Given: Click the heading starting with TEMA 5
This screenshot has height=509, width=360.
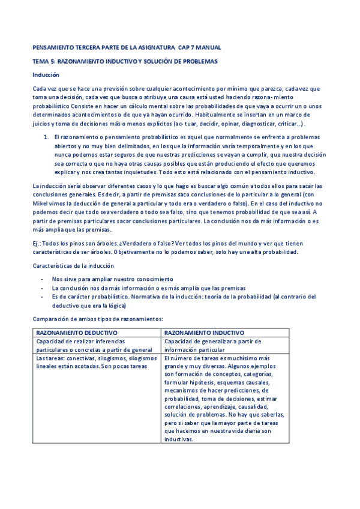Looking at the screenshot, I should (125, 61).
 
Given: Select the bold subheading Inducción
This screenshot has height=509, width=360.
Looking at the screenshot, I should (46, 75).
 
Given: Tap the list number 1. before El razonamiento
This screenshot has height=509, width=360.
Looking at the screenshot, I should (46, 137).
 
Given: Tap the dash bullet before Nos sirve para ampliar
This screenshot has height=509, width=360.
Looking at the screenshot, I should (41, 279).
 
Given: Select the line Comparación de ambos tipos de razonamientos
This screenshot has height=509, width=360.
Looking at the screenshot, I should (98, 319).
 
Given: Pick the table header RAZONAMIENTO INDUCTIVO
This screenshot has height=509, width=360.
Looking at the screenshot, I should (204, 332).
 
